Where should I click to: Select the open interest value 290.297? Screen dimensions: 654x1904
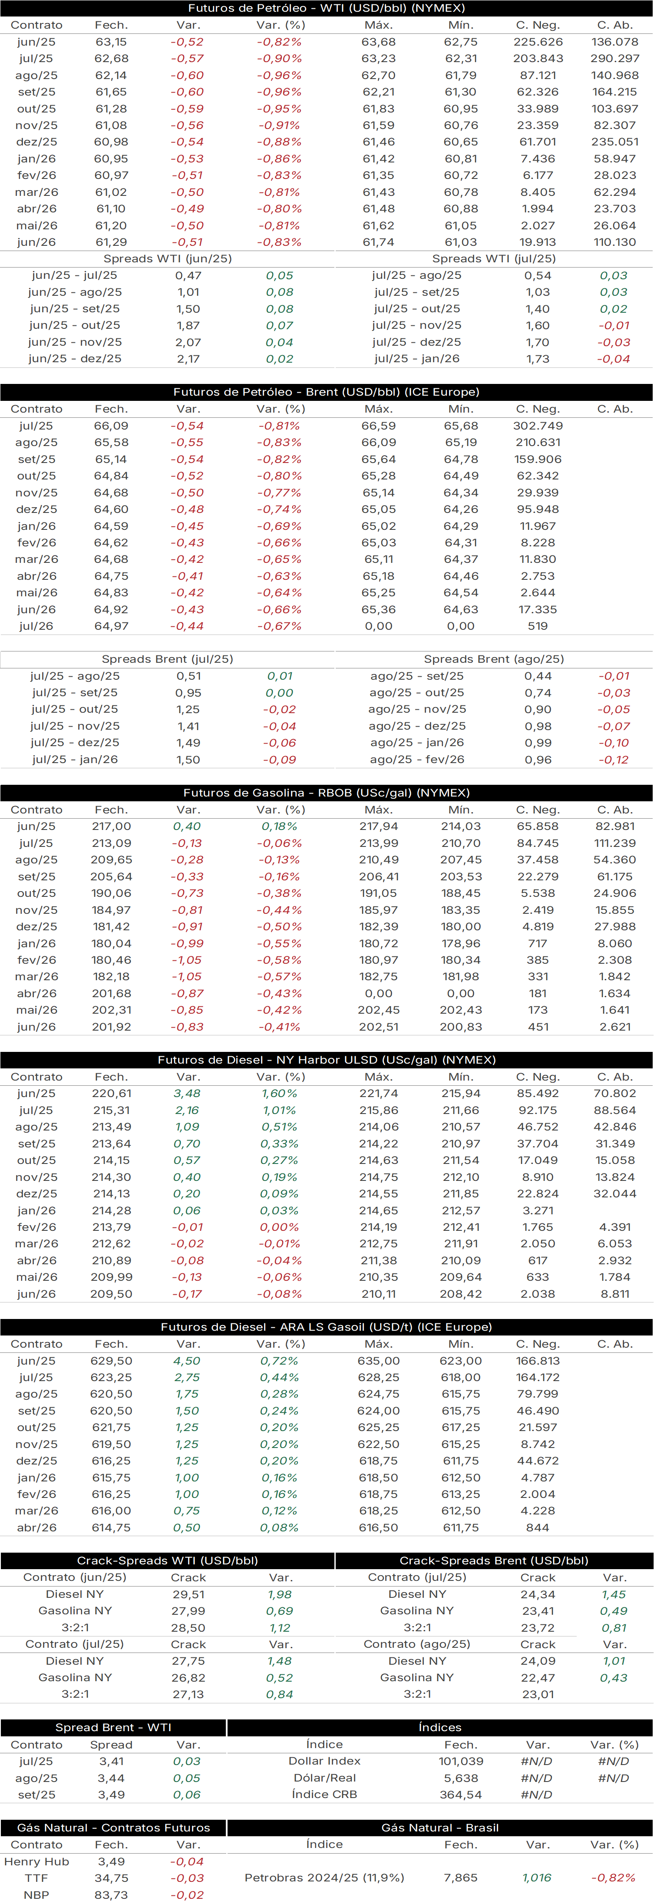coord(615,58)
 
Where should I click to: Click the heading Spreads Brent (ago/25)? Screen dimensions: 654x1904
coord(494,658)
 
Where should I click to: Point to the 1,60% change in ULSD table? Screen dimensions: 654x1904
coord(279,1093)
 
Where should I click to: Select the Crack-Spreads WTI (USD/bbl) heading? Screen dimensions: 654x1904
coord(168,1560)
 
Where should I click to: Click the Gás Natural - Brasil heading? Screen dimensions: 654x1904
coord(440,1828)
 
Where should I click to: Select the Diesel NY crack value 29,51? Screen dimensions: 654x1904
coord(188,1594)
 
